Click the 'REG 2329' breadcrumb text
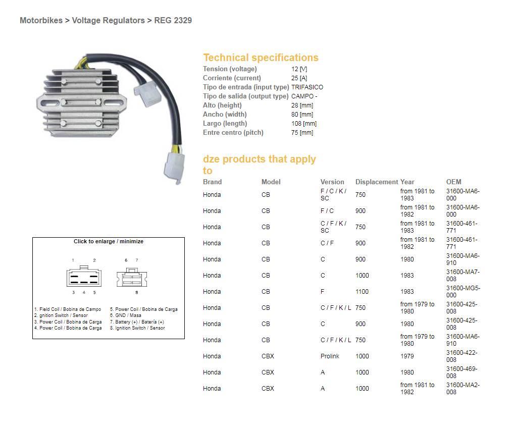pyautogui.click(x=173, y=21)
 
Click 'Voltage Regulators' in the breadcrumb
pyautogui.click(x=108, y=21)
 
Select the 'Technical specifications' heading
pyautogui.click(x=261, y=58)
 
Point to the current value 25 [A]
pyautogui.click(x=299, y=78)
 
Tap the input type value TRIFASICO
pyautogui.click(x=307, y=87)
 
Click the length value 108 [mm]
pyautogui.click(x=303, y=124)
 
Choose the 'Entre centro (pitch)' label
pyautogui.click(x=233, y=133)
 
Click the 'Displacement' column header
pyautogui.click(x=376, y=182)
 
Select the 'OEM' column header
pyautogui.click(x=453, y=182)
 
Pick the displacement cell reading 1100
pyautogui.click(x=362, y=292)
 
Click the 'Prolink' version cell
pyautogui.click(x=330, y=356)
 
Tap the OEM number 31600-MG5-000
pyautogui.click(x=462, y=292)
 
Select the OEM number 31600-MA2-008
pyautogui.click(x=462, y=389)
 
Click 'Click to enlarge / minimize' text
pyautogui.click(x=109, y=241)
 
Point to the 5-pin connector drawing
pyautogui.click(x=83, y=277)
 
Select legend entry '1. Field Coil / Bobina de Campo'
pyautogui.click(x=68, y=309)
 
